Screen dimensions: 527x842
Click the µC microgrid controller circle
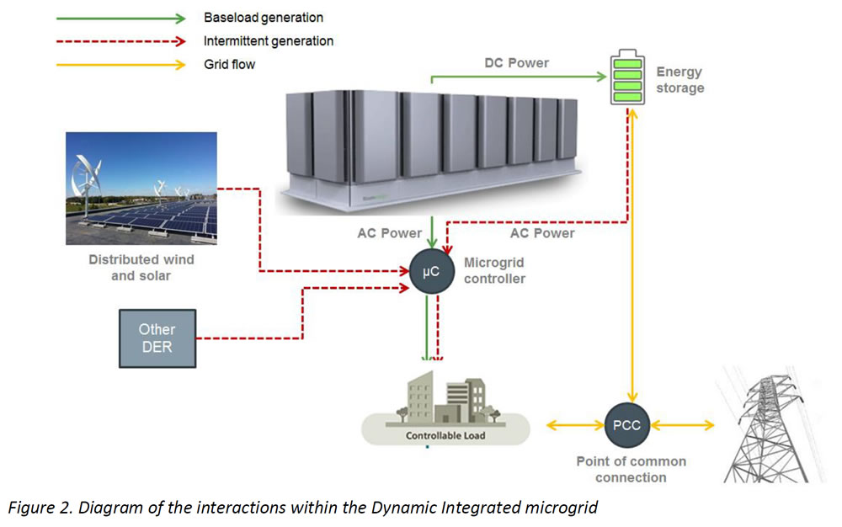[x=430, y=272]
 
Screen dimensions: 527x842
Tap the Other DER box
[x=157, y=338]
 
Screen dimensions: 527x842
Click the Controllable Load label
[x=445, y=436]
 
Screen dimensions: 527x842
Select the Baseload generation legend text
[x=263, y=18]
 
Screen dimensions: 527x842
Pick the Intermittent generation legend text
[x=268, y=40]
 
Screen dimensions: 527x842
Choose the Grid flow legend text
[x=229, y=64]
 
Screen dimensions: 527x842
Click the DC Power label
[x=516, y=63]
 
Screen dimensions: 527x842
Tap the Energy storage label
[x=679, y=80]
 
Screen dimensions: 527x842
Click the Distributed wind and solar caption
[x=141, y=268]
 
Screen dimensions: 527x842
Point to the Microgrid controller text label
[x=494, y=271]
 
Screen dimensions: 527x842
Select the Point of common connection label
[x=631, y=469]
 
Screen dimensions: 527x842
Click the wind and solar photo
[x=141, y=188]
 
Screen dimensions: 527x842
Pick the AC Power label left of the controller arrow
[x=389, y=233]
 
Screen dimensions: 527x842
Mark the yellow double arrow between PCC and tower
[x=682, y=426]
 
